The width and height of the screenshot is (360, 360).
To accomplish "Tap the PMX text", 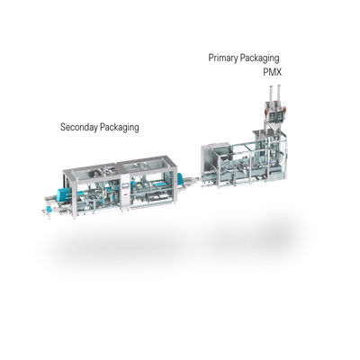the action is coord(273,72).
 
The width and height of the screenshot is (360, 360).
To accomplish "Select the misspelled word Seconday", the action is coord(79,127).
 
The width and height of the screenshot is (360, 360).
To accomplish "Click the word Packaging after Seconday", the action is coord(120,128).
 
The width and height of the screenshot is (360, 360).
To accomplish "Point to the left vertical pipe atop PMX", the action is coord(271,94).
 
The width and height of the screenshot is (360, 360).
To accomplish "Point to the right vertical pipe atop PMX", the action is coord(279,94).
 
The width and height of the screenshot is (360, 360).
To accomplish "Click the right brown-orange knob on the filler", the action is coord(285,111).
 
